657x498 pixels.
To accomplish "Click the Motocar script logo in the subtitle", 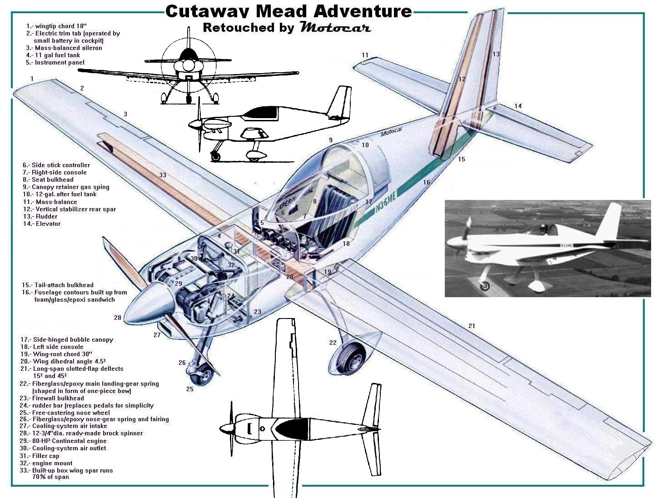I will (x=335, y=27).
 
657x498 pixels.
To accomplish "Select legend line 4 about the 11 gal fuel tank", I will (x=54, y=55).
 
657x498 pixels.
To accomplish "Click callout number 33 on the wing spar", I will (x=163, y=175).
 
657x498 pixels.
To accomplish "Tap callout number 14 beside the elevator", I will (x=518, y=106).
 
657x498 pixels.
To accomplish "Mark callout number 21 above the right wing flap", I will (x=472, y=326).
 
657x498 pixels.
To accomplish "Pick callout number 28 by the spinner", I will (x=118, y=318).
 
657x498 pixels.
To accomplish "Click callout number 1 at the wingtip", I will (x=32, y=79).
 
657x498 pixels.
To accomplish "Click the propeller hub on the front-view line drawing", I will (x=189, y=66).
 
